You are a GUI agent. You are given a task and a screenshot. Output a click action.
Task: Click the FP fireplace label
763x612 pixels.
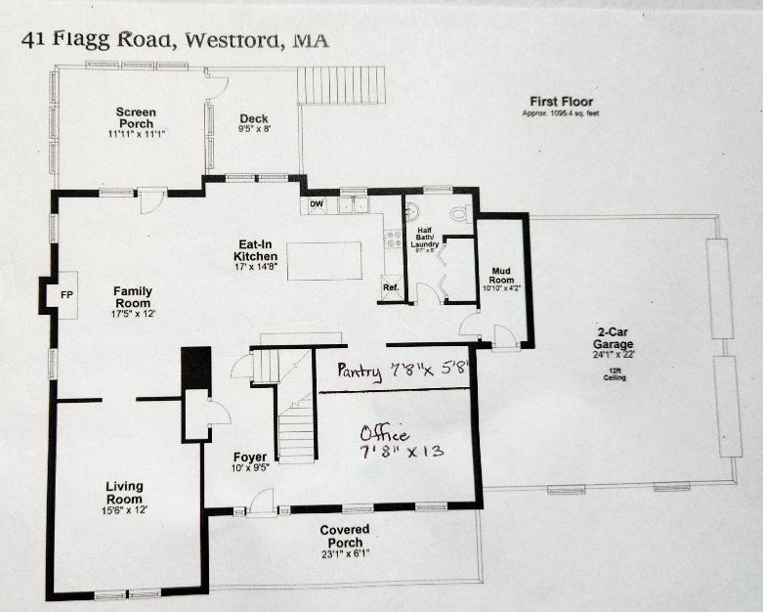[x=66, y=293]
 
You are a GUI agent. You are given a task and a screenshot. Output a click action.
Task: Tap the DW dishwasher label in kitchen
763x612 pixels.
[x=317, y=204]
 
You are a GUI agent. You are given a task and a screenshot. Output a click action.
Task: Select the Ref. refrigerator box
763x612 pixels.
[x=391, y=287]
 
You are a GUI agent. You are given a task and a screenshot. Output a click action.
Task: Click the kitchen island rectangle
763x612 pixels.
[x=324, y=261]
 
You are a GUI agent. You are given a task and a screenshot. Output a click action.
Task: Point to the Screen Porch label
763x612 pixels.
[x=137, y=118]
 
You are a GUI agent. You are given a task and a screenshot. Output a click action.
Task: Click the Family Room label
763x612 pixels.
[x=133, y=296]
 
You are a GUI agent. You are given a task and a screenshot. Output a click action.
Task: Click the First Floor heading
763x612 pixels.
[x=561, y=102]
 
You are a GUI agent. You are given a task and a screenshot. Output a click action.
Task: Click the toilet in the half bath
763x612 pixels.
[x=459, y=211]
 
